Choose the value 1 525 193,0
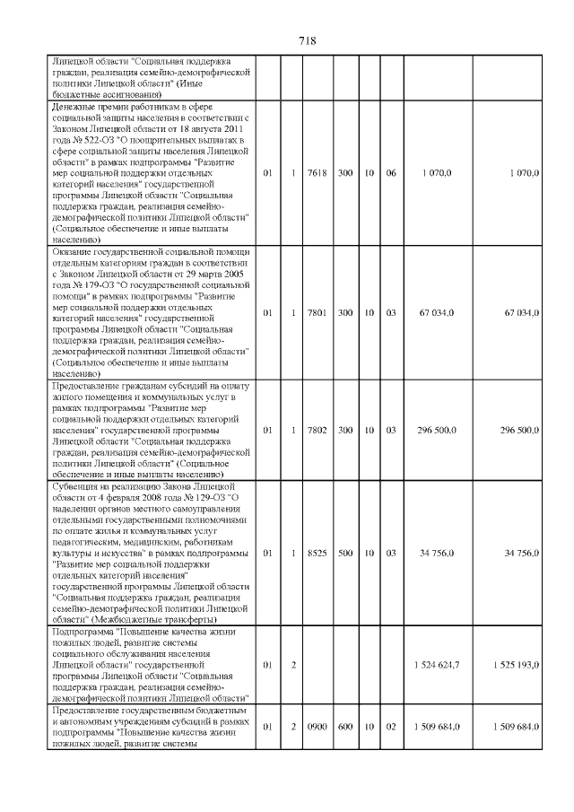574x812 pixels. [x=516, y=665]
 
